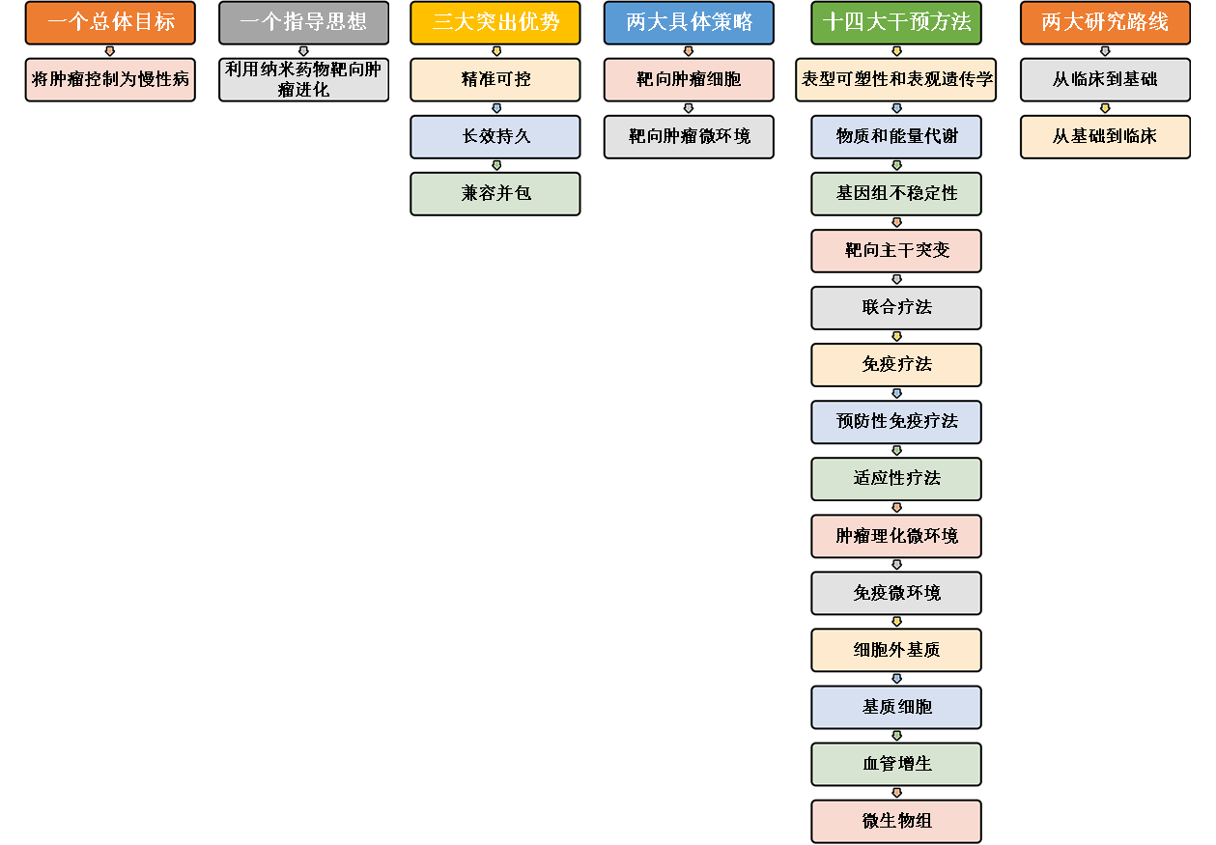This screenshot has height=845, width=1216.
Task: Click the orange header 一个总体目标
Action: [x=110, y=22]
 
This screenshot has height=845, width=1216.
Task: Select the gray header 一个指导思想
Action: [x=303, y=22]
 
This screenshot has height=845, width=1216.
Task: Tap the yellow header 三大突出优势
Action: [x=495, y=22]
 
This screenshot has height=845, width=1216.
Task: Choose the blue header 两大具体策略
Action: [x=689, y=22]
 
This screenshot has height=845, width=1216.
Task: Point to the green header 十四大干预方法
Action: [x=896, y=22]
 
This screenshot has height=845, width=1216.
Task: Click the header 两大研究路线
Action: [x=1105, y=22]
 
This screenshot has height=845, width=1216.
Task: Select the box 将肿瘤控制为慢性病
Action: [x=110, y=79]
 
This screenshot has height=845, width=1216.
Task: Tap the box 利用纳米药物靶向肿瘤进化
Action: [x=303, y=79]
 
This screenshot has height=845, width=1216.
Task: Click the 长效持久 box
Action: [x=495, y=136]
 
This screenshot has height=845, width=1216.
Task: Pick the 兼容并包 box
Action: [x=495, y=193]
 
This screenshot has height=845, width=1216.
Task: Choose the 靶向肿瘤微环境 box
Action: [x=689, y=136]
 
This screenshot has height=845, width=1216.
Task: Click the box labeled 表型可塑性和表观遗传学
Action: [x=896, y=79]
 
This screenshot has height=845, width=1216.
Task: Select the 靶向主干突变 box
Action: [x=896, y=250]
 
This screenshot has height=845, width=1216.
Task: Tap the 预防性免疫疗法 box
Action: [x=896, y=421]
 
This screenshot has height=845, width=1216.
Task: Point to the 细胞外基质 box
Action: [x=896, y=650]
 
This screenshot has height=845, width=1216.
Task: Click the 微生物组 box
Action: [x=896, y=821]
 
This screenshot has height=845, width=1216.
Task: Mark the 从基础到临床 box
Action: [x=1105, y=136]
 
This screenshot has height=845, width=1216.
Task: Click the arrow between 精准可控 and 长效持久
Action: [x=496, y=108]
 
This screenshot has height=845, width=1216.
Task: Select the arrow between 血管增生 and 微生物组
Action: [x=896, y=793]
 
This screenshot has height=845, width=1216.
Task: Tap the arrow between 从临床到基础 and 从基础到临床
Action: [x=1105, y=108]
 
